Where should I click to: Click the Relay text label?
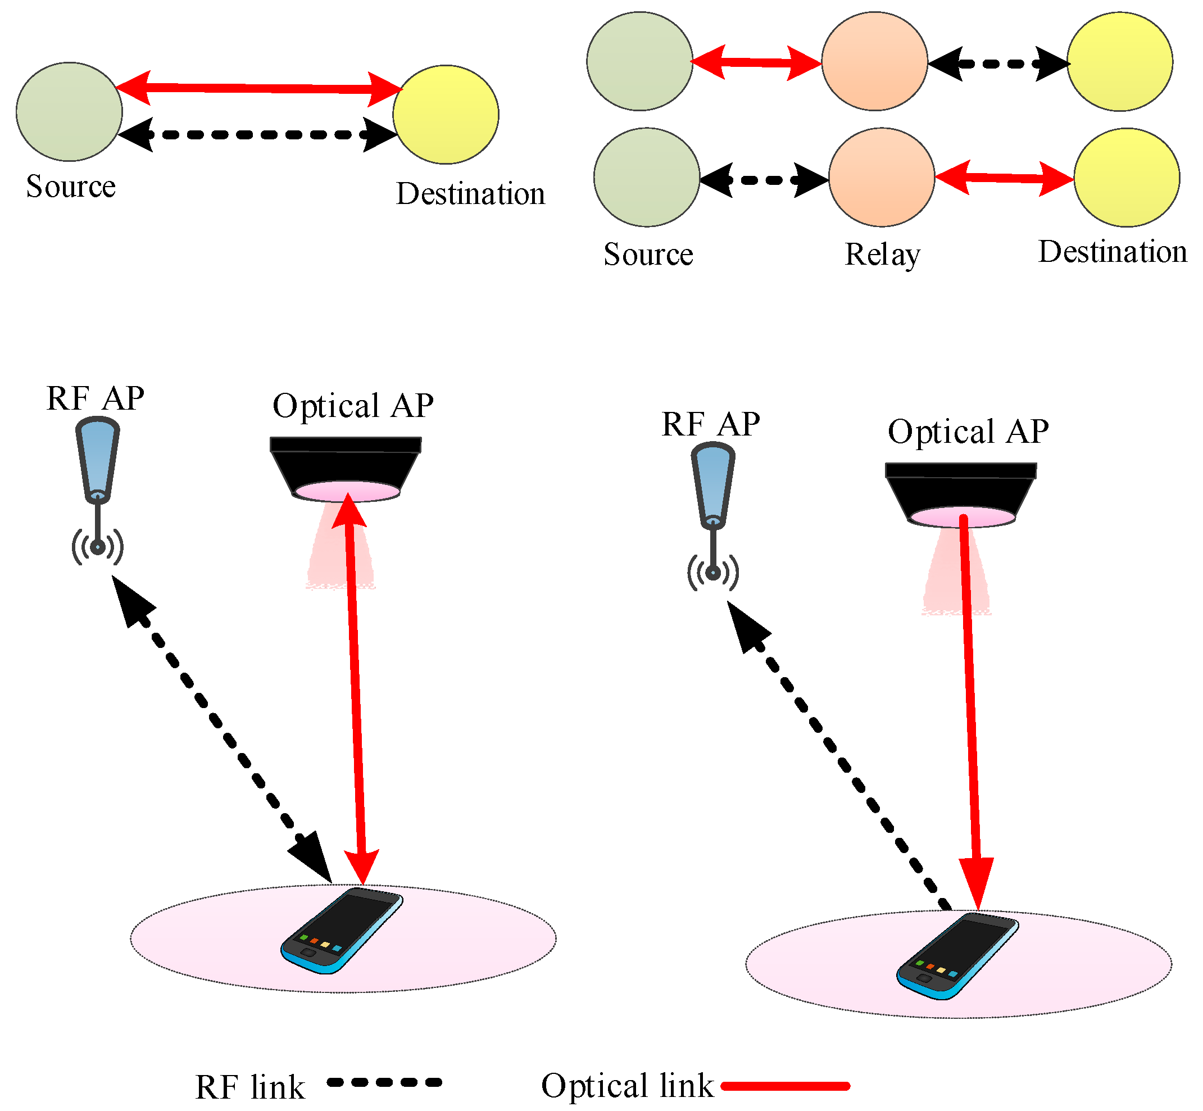882,255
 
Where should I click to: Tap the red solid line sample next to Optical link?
785,1086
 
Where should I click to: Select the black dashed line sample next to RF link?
384,1083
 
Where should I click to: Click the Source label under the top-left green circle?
71,187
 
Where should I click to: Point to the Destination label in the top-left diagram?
470,194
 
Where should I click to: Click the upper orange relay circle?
874,61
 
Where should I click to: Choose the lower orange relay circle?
882,178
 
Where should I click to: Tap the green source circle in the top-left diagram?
69,112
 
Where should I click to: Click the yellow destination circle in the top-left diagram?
446,114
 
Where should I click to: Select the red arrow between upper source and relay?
757,62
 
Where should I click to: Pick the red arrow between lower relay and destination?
1005,178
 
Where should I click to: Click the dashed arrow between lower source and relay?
764,180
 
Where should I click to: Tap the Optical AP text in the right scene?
968,432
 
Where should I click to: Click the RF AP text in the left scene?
95,398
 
